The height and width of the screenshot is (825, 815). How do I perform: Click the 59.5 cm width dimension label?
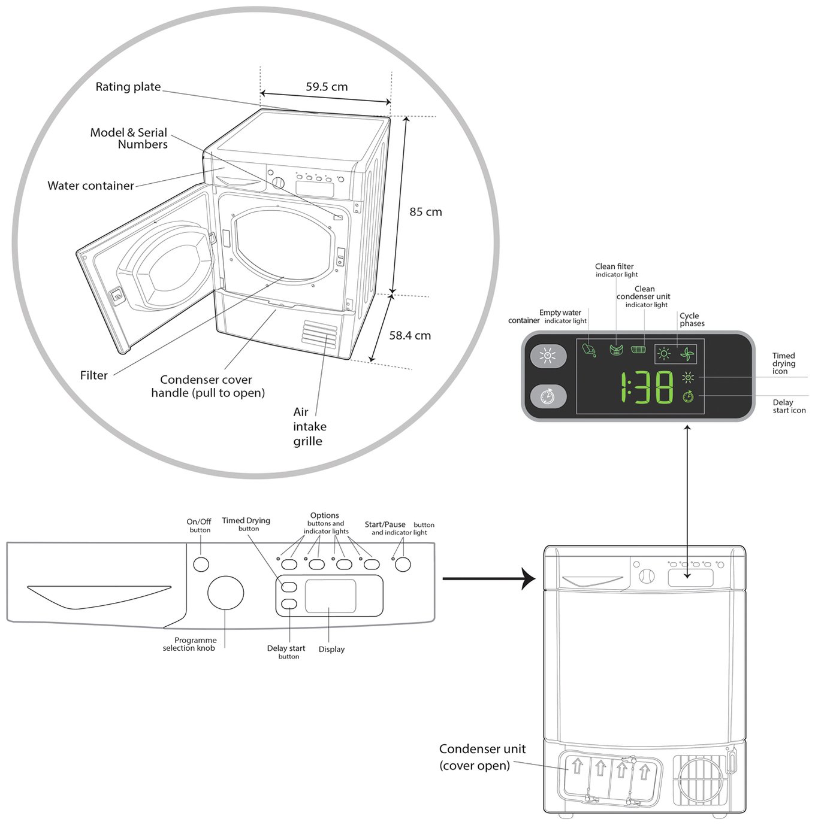coord(327,87)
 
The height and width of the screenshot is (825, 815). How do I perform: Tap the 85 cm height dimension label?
coord(425,212)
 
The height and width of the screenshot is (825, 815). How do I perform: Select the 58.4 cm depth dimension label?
coord(410,336)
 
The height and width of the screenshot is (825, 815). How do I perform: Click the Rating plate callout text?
coord(128,87)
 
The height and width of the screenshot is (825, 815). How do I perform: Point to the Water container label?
coord(90,186)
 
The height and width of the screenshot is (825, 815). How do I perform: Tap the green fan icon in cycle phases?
coord(686,354)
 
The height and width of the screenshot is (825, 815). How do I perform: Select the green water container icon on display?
coord(588,350)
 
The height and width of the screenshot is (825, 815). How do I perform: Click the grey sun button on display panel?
coord(548,356)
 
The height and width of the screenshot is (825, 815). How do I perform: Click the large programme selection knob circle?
coord(225,593)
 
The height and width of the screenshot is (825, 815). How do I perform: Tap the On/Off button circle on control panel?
coord(201,565)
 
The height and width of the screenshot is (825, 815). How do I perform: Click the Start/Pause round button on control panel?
coord(403,565)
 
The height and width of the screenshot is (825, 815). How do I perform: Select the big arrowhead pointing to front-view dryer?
coord(528,579)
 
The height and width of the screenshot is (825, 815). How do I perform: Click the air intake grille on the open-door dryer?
coord(320,332)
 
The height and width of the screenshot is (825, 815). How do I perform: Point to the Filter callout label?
coord(93,375)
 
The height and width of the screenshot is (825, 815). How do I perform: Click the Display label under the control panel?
coord(331,650)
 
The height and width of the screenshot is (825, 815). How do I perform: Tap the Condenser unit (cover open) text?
coord(482,757)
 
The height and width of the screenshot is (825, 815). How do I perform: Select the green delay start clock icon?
coord(688,396)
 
